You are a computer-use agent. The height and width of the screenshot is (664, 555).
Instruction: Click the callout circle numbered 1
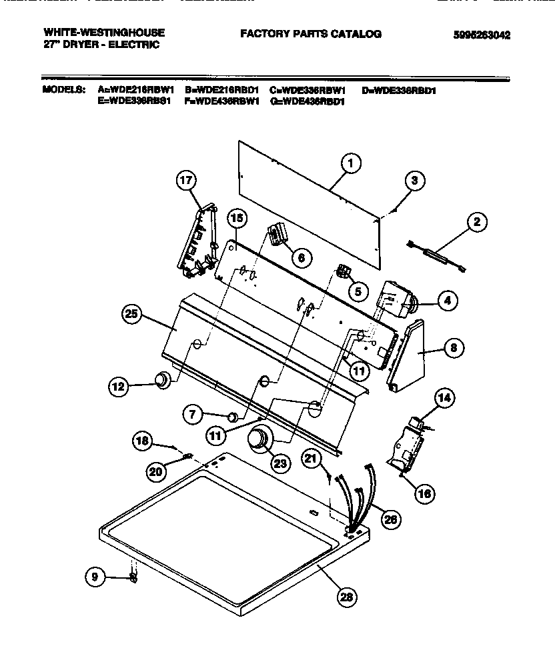tap(350, 163)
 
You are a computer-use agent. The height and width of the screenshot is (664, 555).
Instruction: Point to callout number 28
tap(346, 597)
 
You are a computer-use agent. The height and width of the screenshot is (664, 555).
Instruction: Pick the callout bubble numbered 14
tap(444, 399)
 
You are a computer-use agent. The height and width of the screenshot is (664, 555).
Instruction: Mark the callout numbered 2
tap(476, 223)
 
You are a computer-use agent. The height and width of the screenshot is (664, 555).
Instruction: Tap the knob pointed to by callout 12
tap(160, 381)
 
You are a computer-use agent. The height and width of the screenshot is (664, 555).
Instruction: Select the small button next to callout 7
tap(231, 417)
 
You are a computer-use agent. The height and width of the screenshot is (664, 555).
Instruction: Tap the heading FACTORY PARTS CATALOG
tap(311, 33)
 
